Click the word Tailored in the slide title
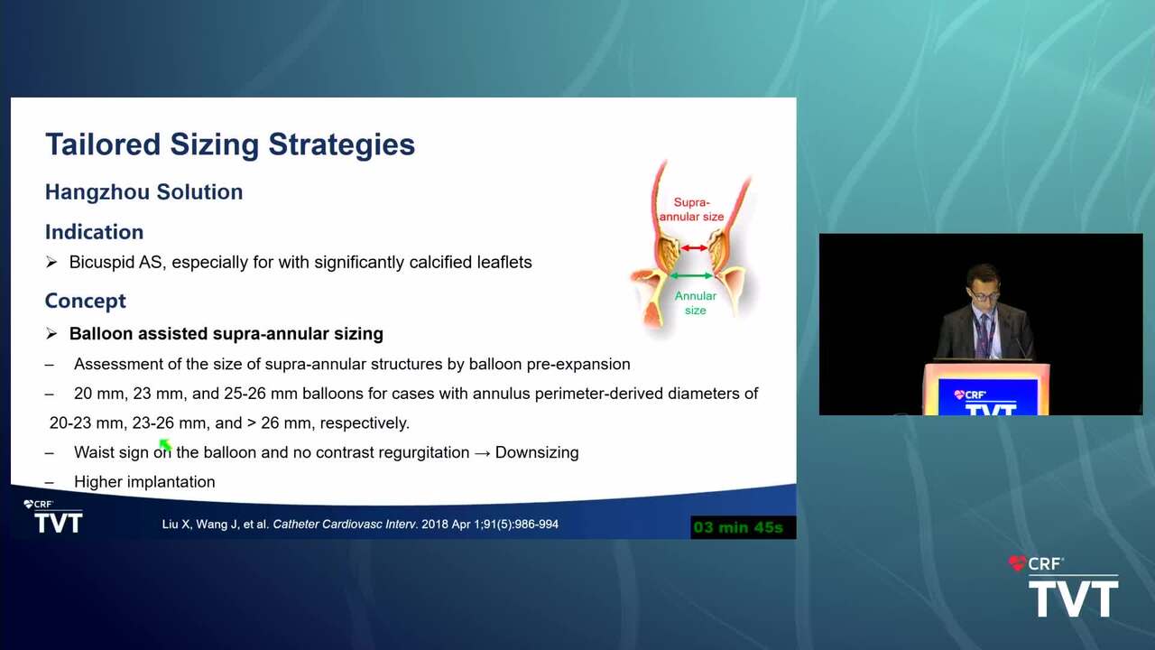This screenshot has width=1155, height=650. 103,144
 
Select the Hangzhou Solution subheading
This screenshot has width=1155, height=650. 143,192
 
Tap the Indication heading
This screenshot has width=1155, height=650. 94,232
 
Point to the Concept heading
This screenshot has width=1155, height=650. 85,302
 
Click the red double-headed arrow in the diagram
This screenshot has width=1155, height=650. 694,248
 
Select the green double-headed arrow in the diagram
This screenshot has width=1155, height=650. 691,276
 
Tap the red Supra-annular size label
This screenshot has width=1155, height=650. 691,209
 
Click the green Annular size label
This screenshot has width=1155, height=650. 696,302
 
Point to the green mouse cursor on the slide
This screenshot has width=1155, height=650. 165,445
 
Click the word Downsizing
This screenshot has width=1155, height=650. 537,452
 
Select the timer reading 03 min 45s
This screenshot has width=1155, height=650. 738,527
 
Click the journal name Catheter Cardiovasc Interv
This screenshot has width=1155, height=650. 345,525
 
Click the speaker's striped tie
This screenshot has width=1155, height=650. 984,335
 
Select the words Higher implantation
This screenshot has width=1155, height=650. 144,482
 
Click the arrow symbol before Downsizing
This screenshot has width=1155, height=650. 482,453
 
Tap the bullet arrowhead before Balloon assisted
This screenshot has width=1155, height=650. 51,334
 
